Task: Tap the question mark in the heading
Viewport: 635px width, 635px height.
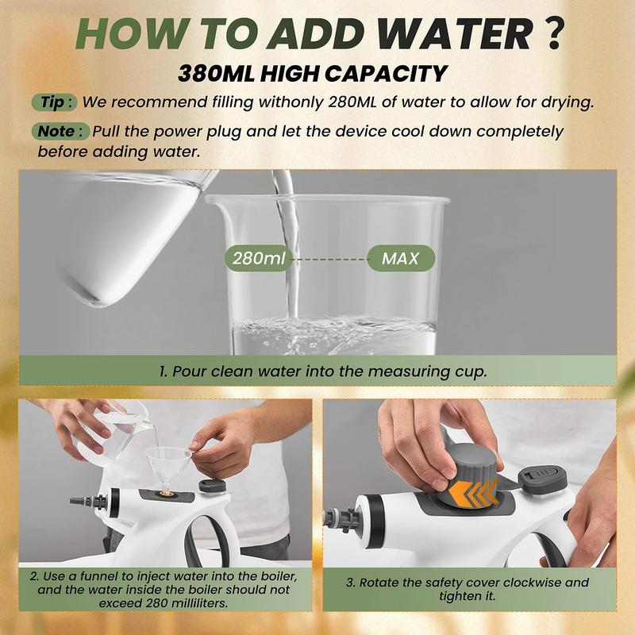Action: (552, 33)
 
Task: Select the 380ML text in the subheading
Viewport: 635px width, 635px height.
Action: (216, 74)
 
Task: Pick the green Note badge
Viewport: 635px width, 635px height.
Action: (60, 132)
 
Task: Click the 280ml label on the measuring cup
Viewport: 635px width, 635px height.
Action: (259, 258)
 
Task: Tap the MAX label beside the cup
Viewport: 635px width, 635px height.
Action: (401, 258)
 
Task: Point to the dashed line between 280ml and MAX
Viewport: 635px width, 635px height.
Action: (329, 259)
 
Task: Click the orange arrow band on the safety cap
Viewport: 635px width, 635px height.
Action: (473, 492)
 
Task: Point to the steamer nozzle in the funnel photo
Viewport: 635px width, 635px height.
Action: (87, 502)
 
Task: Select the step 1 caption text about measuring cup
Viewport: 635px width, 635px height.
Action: (323, 371)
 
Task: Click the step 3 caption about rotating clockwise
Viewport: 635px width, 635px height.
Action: (468, 589)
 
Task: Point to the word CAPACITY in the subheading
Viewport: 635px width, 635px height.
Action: (385, 74)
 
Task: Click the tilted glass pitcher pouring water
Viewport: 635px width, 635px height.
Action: (133, 231)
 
